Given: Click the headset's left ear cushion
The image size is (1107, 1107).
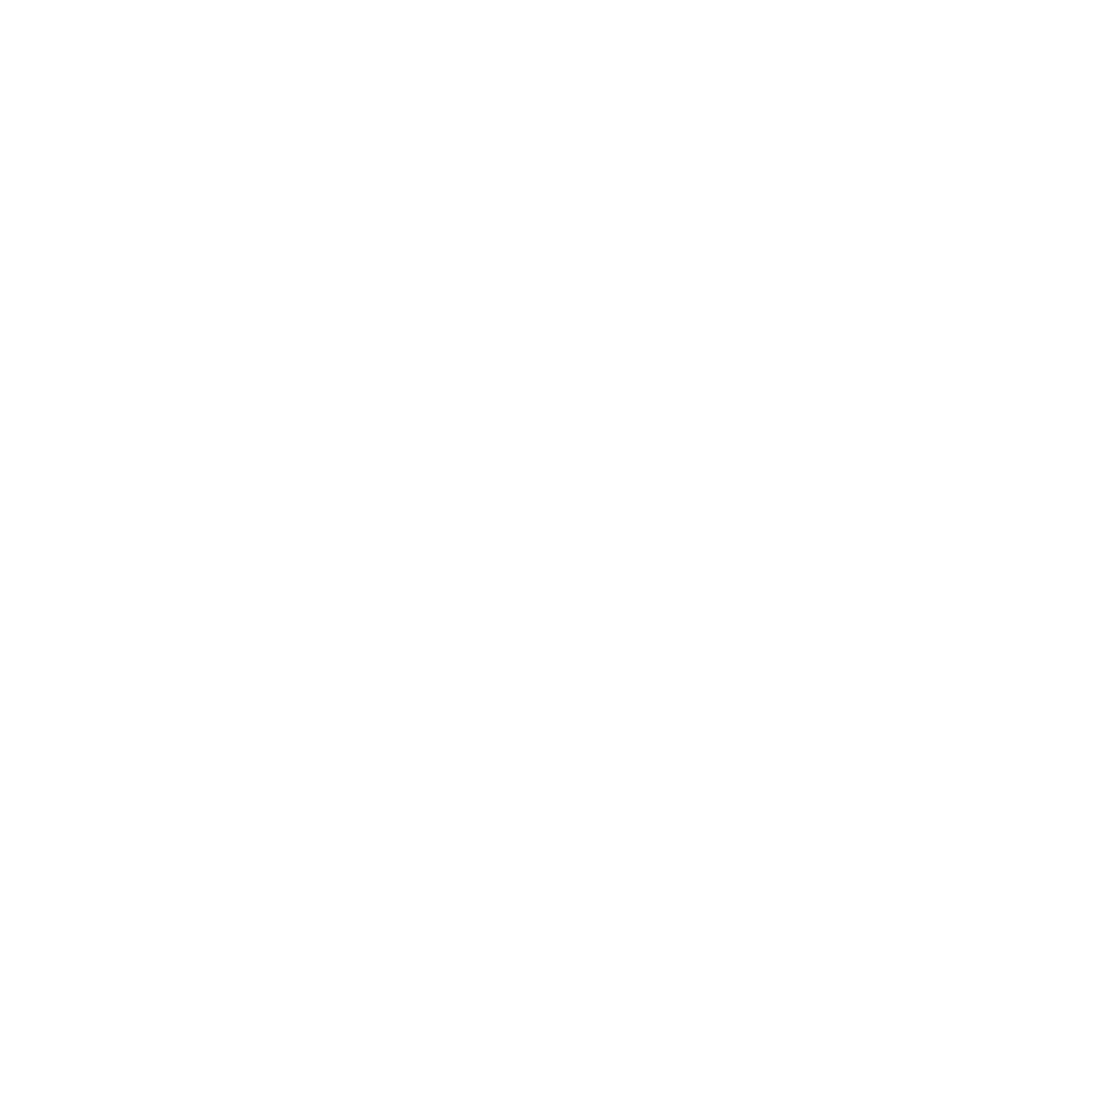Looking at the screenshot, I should pyautogui.click(x=286, y=344).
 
